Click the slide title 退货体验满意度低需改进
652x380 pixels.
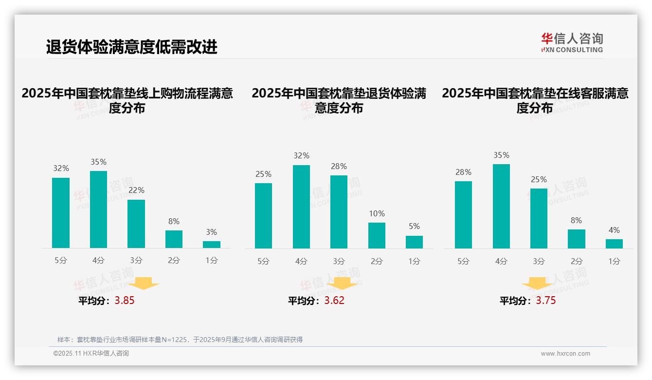131,47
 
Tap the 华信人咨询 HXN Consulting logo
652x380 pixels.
572,43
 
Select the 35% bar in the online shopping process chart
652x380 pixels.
98,209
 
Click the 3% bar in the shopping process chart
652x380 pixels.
212,245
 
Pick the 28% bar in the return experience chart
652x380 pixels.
339,212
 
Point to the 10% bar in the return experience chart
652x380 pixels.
377,235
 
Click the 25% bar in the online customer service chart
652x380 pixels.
539,218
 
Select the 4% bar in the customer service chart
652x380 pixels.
614,244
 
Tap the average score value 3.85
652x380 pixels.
125,301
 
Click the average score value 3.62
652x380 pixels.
334,301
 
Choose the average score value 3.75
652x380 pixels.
546,301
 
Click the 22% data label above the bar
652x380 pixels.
136,190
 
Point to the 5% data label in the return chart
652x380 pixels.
414,226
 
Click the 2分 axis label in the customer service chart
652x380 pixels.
577,261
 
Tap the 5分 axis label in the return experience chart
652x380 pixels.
263,261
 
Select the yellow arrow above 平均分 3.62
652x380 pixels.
342,284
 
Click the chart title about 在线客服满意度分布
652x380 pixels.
535,100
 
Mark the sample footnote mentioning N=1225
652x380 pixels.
180,340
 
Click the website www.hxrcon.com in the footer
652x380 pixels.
565,354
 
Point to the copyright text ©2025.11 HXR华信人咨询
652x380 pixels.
91,354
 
